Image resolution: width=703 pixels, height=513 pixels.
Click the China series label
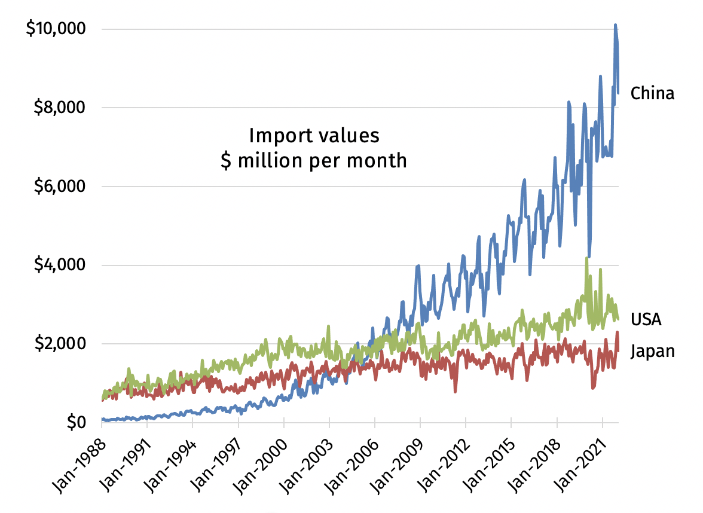tap(652, 93)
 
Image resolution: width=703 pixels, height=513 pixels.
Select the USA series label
tap(646, 319)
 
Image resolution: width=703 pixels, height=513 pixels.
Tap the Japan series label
tap(652, 351)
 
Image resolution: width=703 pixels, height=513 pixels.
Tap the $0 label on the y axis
tap(75, 422)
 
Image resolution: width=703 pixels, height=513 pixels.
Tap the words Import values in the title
tap(314, 136)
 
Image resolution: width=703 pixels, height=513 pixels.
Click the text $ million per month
tap(314, 161)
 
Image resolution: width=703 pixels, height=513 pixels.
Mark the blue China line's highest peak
tap(615, 25)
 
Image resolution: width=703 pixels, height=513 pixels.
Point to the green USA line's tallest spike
tap(587, 258)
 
